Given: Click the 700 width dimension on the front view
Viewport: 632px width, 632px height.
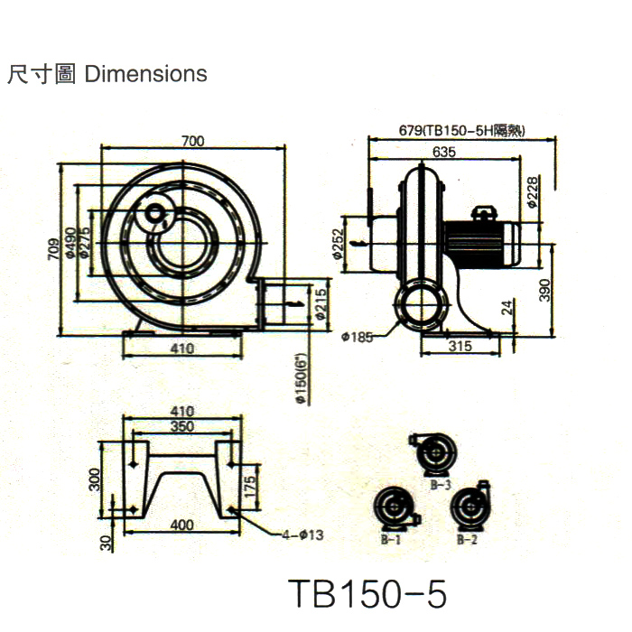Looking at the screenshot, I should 192,140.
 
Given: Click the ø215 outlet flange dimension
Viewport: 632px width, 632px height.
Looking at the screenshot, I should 321,305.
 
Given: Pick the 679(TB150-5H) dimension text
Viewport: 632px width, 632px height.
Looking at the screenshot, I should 462,130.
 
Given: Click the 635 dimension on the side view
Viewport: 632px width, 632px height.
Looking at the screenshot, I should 442,152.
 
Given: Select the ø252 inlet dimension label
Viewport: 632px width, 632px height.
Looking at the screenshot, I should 336,244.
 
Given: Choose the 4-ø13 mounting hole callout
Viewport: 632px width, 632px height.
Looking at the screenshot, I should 302,534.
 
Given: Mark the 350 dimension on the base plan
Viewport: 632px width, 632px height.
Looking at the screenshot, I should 182,427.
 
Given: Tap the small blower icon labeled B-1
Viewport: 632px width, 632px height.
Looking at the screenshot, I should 395,511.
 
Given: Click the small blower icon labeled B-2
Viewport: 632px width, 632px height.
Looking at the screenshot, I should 470,509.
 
